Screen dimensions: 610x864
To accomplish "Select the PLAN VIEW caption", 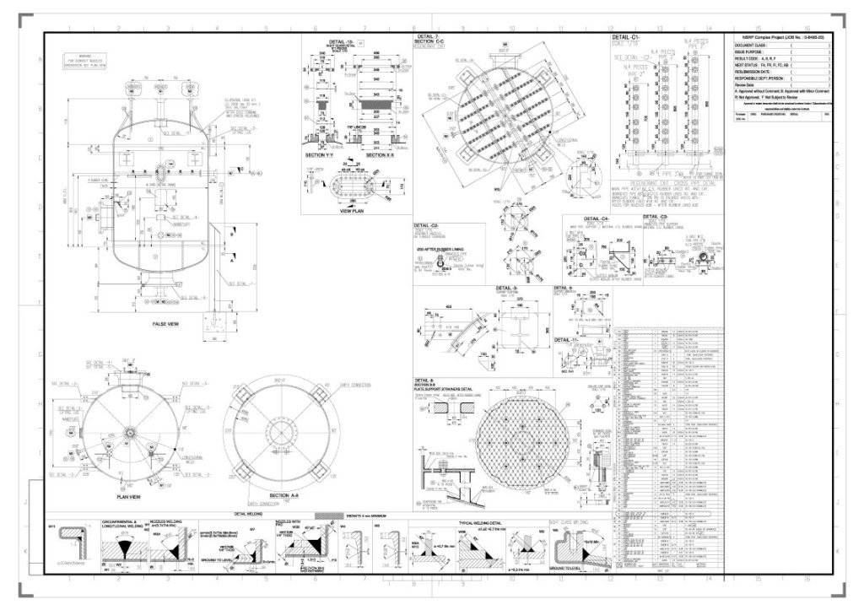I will click(128, 497).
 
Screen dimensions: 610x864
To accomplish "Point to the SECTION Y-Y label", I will click(321, 155).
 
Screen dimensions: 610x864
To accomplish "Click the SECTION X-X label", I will click(383, 155).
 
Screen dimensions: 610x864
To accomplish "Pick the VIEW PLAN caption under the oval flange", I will click(351, 213).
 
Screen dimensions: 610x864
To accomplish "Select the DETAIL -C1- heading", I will click(629, 38).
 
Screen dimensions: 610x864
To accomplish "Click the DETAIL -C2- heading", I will click(426, 226).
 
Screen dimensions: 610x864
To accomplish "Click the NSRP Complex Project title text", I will click(776, 38).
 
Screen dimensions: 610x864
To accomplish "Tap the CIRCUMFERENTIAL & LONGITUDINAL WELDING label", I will click(124, 525).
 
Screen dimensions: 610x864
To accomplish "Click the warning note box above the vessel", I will click(87, 60).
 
